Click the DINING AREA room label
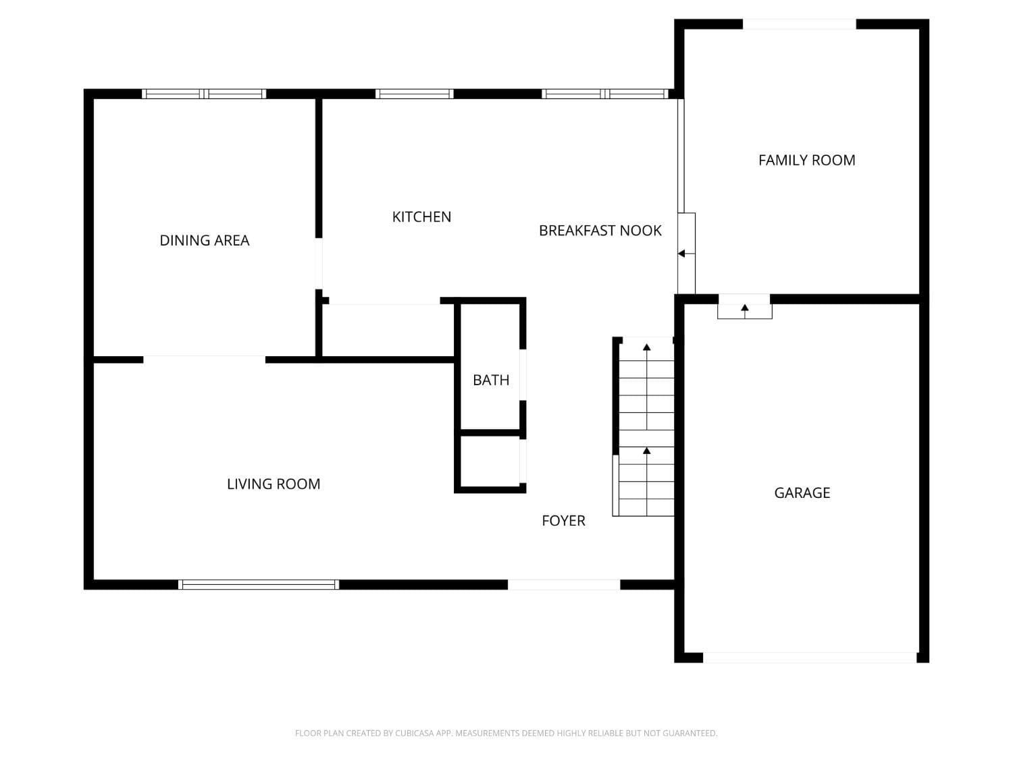204,240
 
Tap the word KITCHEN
421,217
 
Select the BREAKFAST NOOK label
600,231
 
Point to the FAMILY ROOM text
806,160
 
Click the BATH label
491,380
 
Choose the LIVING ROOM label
274,484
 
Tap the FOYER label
563,520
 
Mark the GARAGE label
802,493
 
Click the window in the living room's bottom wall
259,584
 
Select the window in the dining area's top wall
204,94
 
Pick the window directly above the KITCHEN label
414,94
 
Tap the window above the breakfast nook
605,94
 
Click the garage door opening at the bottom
810,657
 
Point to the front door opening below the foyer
564,584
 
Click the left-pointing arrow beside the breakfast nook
682,254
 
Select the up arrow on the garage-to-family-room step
745,308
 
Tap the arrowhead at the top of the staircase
647,347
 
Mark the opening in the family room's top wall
800,24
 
